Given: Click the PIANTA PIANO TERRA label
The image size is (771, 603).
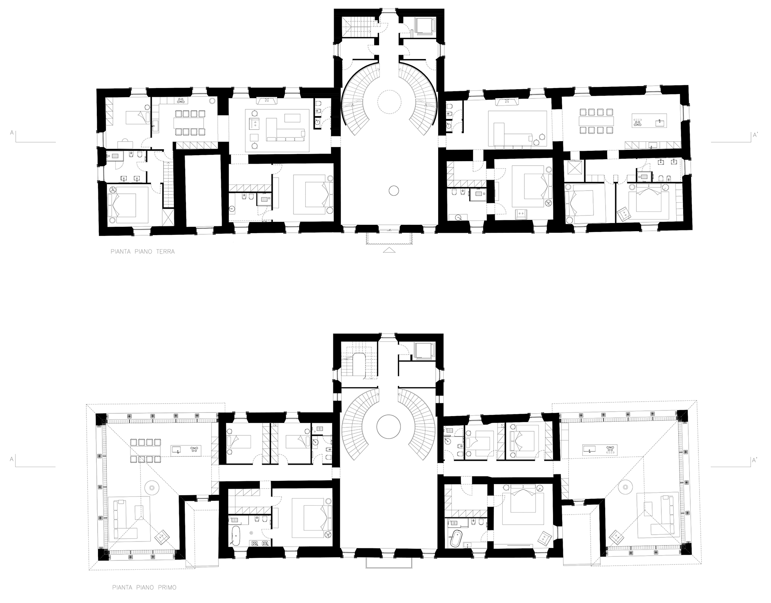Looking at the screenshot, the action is point(143,252).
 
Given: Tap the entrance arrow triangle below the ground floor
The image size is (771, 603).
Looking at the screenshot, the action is point(389,250).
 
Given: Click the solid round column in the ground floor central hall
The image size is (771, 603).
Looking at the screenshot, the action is point(393,191).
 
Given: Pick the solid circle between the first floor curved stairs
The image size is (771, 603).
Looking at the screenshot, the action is point(388,427).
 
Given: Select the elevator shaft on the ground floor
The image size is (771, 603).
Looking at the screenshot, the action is point(423,27).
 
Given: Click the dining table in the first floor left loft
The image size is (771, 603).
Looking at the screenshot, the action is point(145,452).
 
